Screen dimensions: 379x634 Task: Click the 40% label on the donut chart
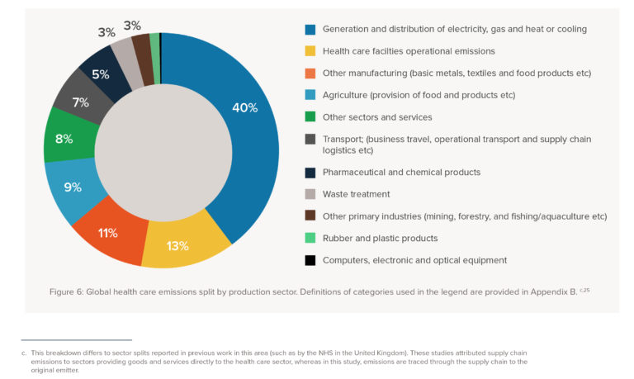click(245, 108)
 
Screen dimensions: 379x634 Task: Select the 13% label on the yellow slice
click(177, 245)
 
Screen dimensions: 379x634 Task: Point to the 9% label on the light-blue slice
click(72, 187)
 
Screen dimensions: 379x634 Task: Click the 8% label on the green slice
click(64, 139)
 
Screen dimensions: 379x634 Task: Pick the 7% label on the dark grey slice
click(80, 102)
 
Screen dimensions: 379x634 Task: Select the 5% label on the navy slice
click(101, 75)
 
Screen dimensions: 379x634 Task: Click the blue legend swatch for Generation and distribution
click(310, 29)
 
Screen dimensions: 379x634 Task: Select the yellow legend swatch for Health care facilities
click(310, 51)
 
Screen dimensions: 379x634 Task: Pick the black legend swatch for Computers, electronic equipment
click(310, 260)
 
